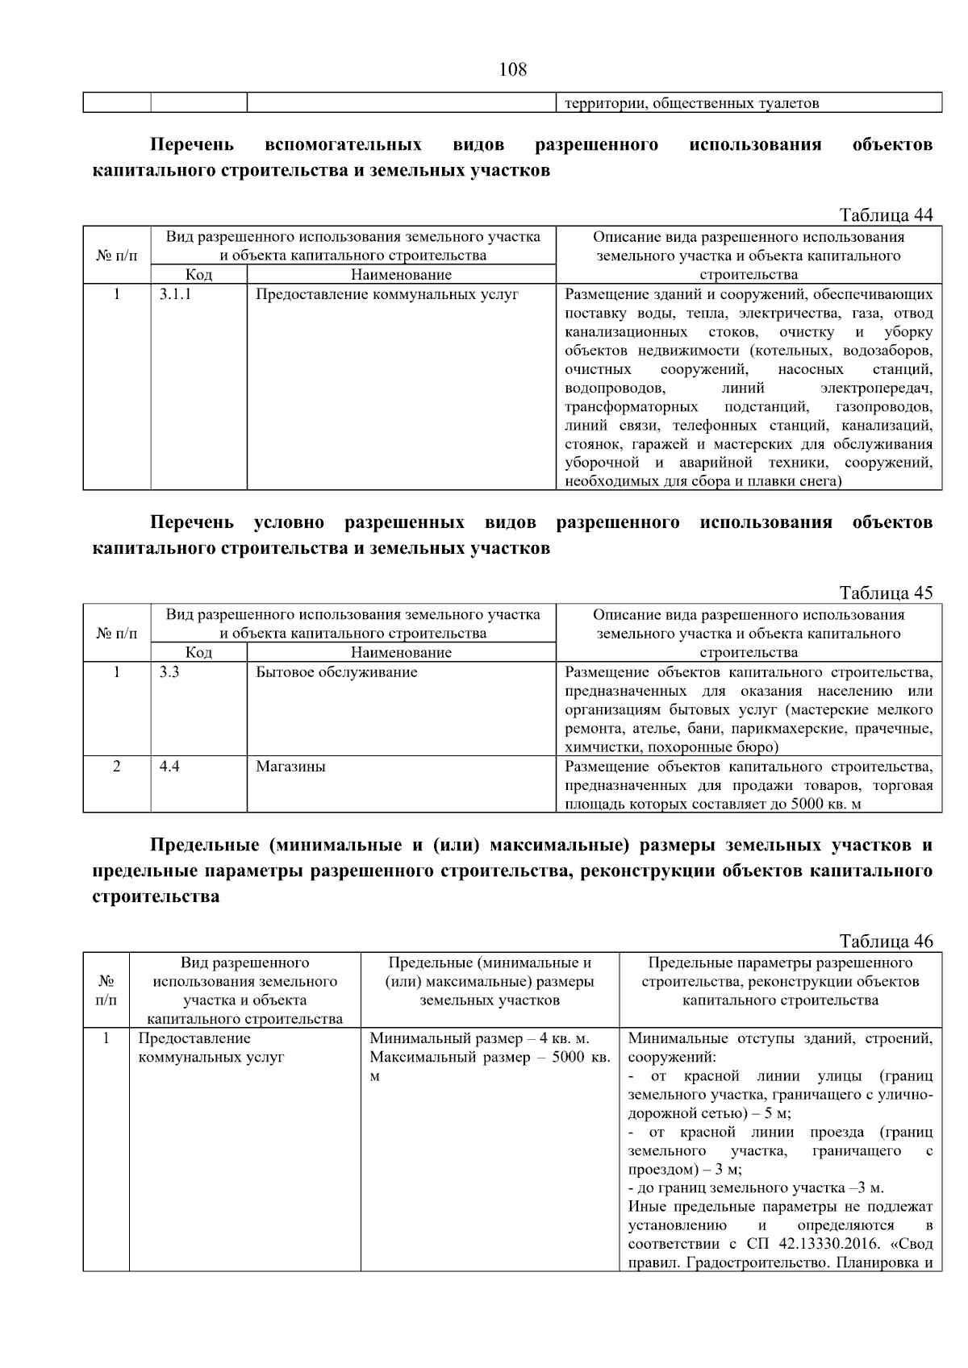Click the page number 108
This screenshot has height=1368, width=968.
tap(512, 69)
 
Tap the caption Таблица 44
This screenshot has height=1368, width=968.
tap(886, 214)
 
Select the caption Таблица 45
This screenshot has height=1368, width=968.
tap(886, 593)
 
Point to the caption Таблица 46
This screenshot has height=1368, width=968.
tap(886, 941)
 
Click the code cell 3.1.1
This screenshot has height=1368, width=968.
tap(175, 294)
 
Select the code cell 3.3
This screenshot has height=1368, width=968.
tap(169, 672)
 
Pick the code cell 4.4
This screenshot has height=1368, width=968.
tap(169, 766)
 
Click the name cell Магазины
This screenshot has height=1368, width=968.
tap(290, 766)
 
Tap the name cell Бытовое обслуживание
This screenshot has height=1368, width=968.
tap(336, 672)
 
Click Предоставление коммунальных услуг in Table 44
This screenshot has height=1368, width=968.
tap(386, 294)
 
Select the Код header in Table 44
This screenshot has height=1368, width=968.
tap(198, 275)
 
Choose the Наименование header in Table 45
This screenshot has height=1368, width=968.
tap(401, 652)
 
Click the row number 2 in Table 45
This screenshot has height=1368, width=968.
tap(116, 766)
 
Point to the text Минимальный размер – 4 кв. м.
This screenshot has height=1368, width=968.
tap(479, 1038)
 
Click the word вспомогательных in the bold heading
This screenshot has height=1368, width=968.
tap(343, 145)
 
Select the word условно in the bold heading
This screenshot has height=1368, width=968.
tap(289, 522)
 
